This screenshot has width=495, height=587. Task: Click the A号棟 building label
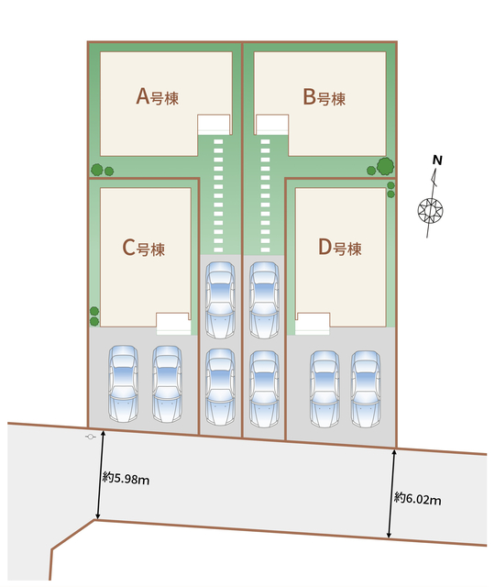(157, 96)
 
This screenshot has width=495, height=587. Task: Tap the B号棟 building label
(324, 97)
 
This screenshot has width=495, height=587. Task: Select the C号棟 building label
(144, 248)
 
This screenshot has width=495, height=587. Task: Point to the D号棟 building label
(340, 248)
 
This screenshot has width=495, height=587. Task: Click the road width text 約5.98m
(126, 478)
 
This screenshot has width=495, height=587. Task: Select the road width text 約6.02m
(418, 499)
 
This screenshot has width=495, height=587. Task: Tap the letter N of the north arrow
(437, 161)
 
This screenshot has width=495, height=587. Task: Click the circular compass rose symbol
(430, 210)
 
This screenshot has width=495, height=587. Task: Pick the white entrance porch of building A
(214, 125)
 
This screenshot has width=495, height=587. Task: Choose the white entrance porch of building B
(272, 125)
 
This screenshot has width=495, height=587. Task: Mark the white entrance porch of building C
(173, 324)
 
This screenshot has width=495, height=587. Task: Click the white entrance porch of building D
(313, 324)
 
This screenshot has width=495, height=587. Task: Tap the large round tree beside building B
(385, 166)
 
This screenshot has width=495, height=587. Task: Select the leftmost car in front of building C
(123, 383)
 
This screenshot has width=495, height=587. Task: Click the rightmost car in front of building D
(366, 389)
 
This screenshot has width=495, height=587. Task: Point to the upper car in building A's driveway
(221, 300)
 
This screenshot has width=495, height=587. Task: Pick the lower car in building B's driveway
(265, 389)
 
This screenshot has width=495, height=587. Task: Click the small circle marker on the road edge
(90, 437)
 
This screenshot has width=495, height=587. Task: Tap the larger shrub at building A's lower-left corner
(97, 170)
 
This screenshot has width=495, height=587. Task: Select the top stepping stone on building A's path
(218, 141)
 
